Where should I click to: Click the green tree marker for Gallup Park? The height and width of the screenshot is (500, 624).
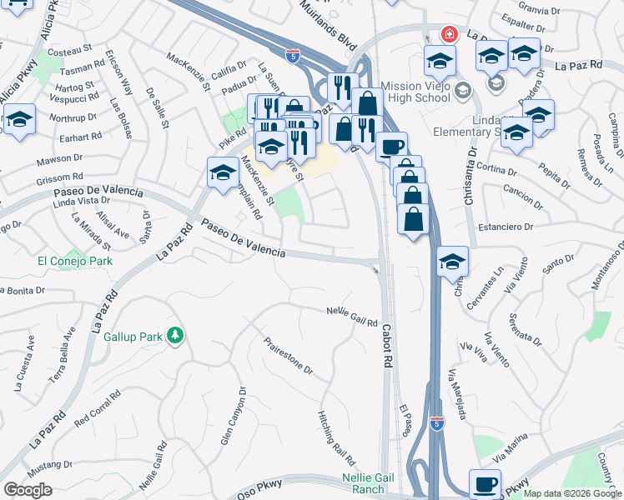175,336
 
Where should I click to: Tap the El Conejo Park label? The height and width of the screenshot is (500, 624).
75,261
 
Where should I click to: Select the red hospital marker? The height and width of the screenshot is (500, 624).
450,34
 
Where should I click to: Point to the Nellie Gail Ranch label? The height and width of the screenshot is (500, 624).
363,483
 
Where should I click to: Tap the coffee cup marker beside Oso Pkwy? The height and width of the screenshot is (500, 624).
485,484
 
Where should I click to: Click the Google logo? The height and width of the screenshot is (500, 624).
28,490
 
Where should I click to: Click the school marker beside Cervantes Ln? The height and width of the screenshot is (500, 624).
452,262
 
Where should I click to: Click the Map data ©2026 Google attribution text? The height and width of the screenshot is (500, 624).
571,493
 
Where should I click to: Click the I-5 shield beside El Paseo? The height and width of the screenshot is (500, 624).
436,423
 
